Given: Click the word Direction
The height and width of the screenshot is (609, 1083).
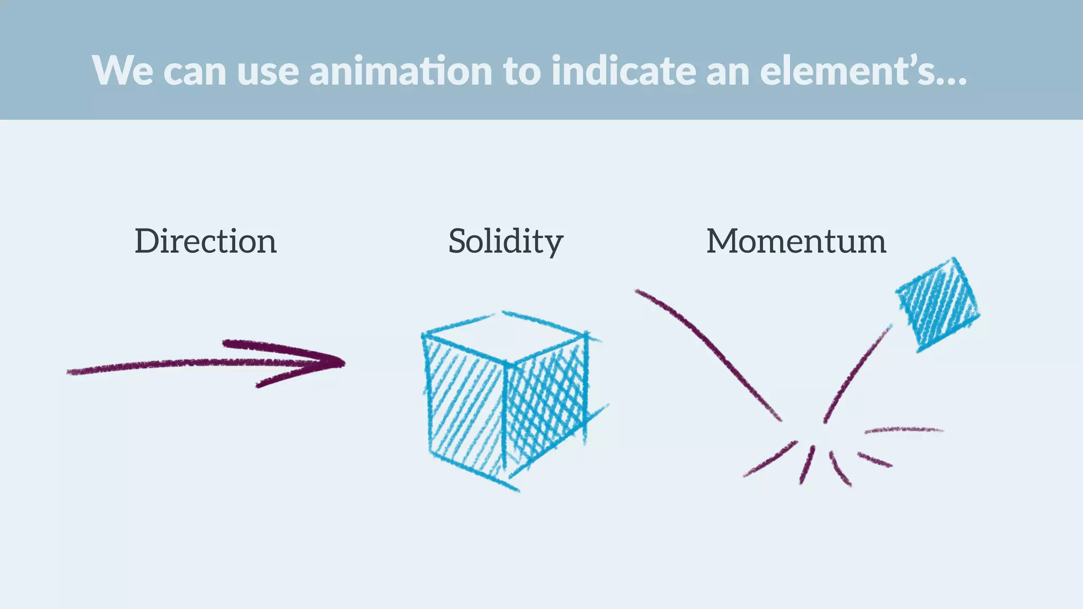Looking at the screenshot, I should pyautogui.click(x=206, y=242).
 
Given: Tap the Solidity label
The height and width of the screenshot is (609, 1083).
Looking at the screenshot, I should pyautogui.click(x=506, y=242).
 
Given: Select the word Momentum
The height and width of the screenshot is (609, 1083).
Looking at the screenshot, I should pyautogui.click(x=796, y=242).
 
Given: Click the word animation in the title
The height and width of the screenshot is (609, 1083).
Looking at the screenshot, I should pyautogui.click(x=401, y=71).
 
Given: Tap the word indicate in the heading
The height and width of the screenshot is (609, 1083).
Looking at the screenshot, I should pyautogui.click(x=623, y=71).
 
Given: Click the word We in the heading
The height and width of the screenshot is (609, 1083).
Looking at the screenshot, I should pyautogui.click(x=123, y=71).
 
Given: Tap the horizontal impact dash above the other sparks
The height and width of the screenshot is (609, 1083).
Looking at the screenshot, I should pyautogui.click(x=903, y=430).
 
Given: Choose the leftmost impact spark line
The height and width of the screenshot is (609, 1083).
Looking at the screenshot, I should pyautogui.click(x=769, y=459).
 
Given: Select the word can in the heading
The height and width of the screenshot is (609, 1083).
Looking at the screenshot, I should pyautogui.click(x=195, y=71).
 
